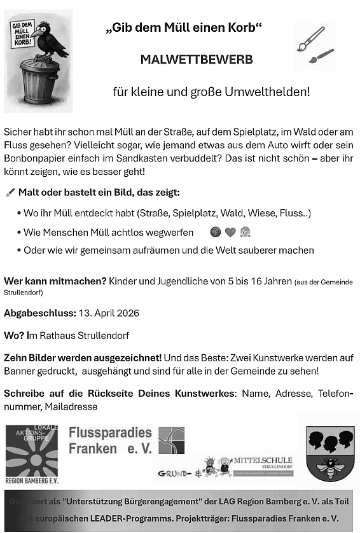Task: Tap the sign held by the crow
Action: point(22,35)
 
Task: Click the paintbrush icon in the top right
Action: point(314,46)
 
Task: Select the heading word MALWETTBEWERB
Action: point(197,60)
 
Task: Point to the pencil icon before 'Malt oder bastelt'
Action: point(10,192)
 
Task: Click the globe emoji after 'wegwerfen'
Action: point(215,232)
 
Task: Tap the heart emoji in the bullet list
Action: point(230,232)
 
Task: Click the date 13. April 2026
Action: point(108,313)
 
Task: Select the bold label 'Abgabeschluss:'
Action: point(39,313)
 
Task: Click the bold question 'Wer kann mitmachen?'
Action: point(55,281)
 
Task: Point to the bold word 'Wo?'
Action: point(14,335)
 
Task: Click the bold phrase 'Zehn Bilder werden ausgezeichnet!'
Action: point(83,358)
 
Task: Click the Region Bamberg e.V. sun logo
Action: point(31,454)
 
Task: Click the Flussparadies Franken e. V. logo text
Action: point(110,440)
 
